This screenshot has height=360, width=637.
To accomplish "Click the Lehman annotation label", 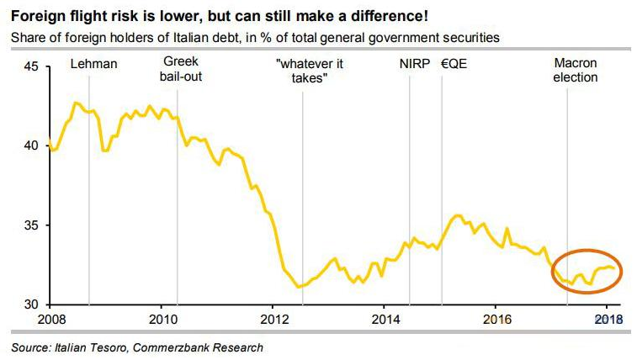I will coord(93,63).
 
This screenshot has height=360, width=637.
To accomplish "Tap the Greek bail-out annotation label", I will coord(182,71).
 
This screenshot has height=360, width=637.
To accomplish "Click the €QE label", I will coord(454,63).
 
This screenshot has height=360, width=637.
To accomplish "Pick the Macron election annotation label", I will coord(575,71).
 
